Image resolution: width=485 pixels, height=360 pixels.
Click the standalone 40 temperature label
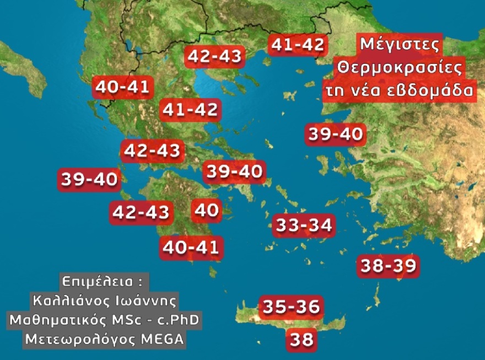[x=207, y=210]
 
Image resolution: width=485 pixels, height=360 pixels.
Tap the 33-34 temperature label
[x=304, y=225]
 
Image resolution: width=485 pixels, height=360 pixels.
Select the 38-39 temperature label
[x=388, y=266]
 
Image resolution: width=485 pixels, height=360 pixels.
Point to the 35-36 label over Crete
[x=291, y=307]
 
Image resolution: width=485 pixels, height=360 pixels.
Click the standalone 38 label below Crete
[x=301, y=338]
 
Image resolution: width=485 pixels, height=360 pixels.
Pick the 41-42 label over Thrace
[x=297, y=45]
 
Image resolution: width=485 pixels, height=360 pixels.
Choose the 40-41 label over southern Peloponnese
[x=192, y=248]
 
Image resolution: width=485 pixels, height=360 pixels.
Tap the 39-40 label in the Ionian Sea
[x=89, y=179]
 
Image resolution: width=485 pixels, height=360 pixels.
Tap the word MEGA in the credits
[x=164, y=338]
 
